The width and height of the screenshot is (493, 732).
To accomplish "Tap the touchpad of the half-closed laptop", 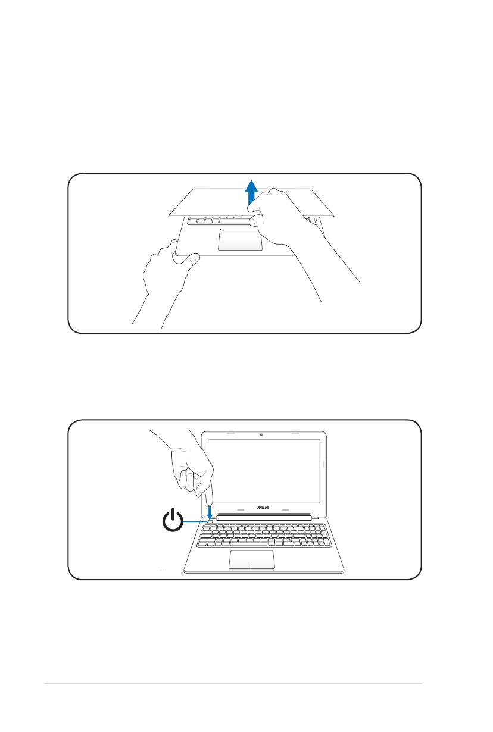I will coord(241,239).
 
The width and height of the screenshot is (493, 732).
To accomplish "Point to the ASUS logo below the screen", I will coord(263,508).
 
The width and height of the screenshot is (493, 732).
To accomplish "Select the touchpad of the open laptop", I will coord(251,559).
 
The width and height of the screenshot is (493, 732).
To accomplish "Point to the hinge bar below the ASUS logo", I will coord(265,517).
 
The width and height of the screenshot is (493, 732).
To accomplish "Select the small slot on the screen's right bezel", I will coord(324,464).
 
